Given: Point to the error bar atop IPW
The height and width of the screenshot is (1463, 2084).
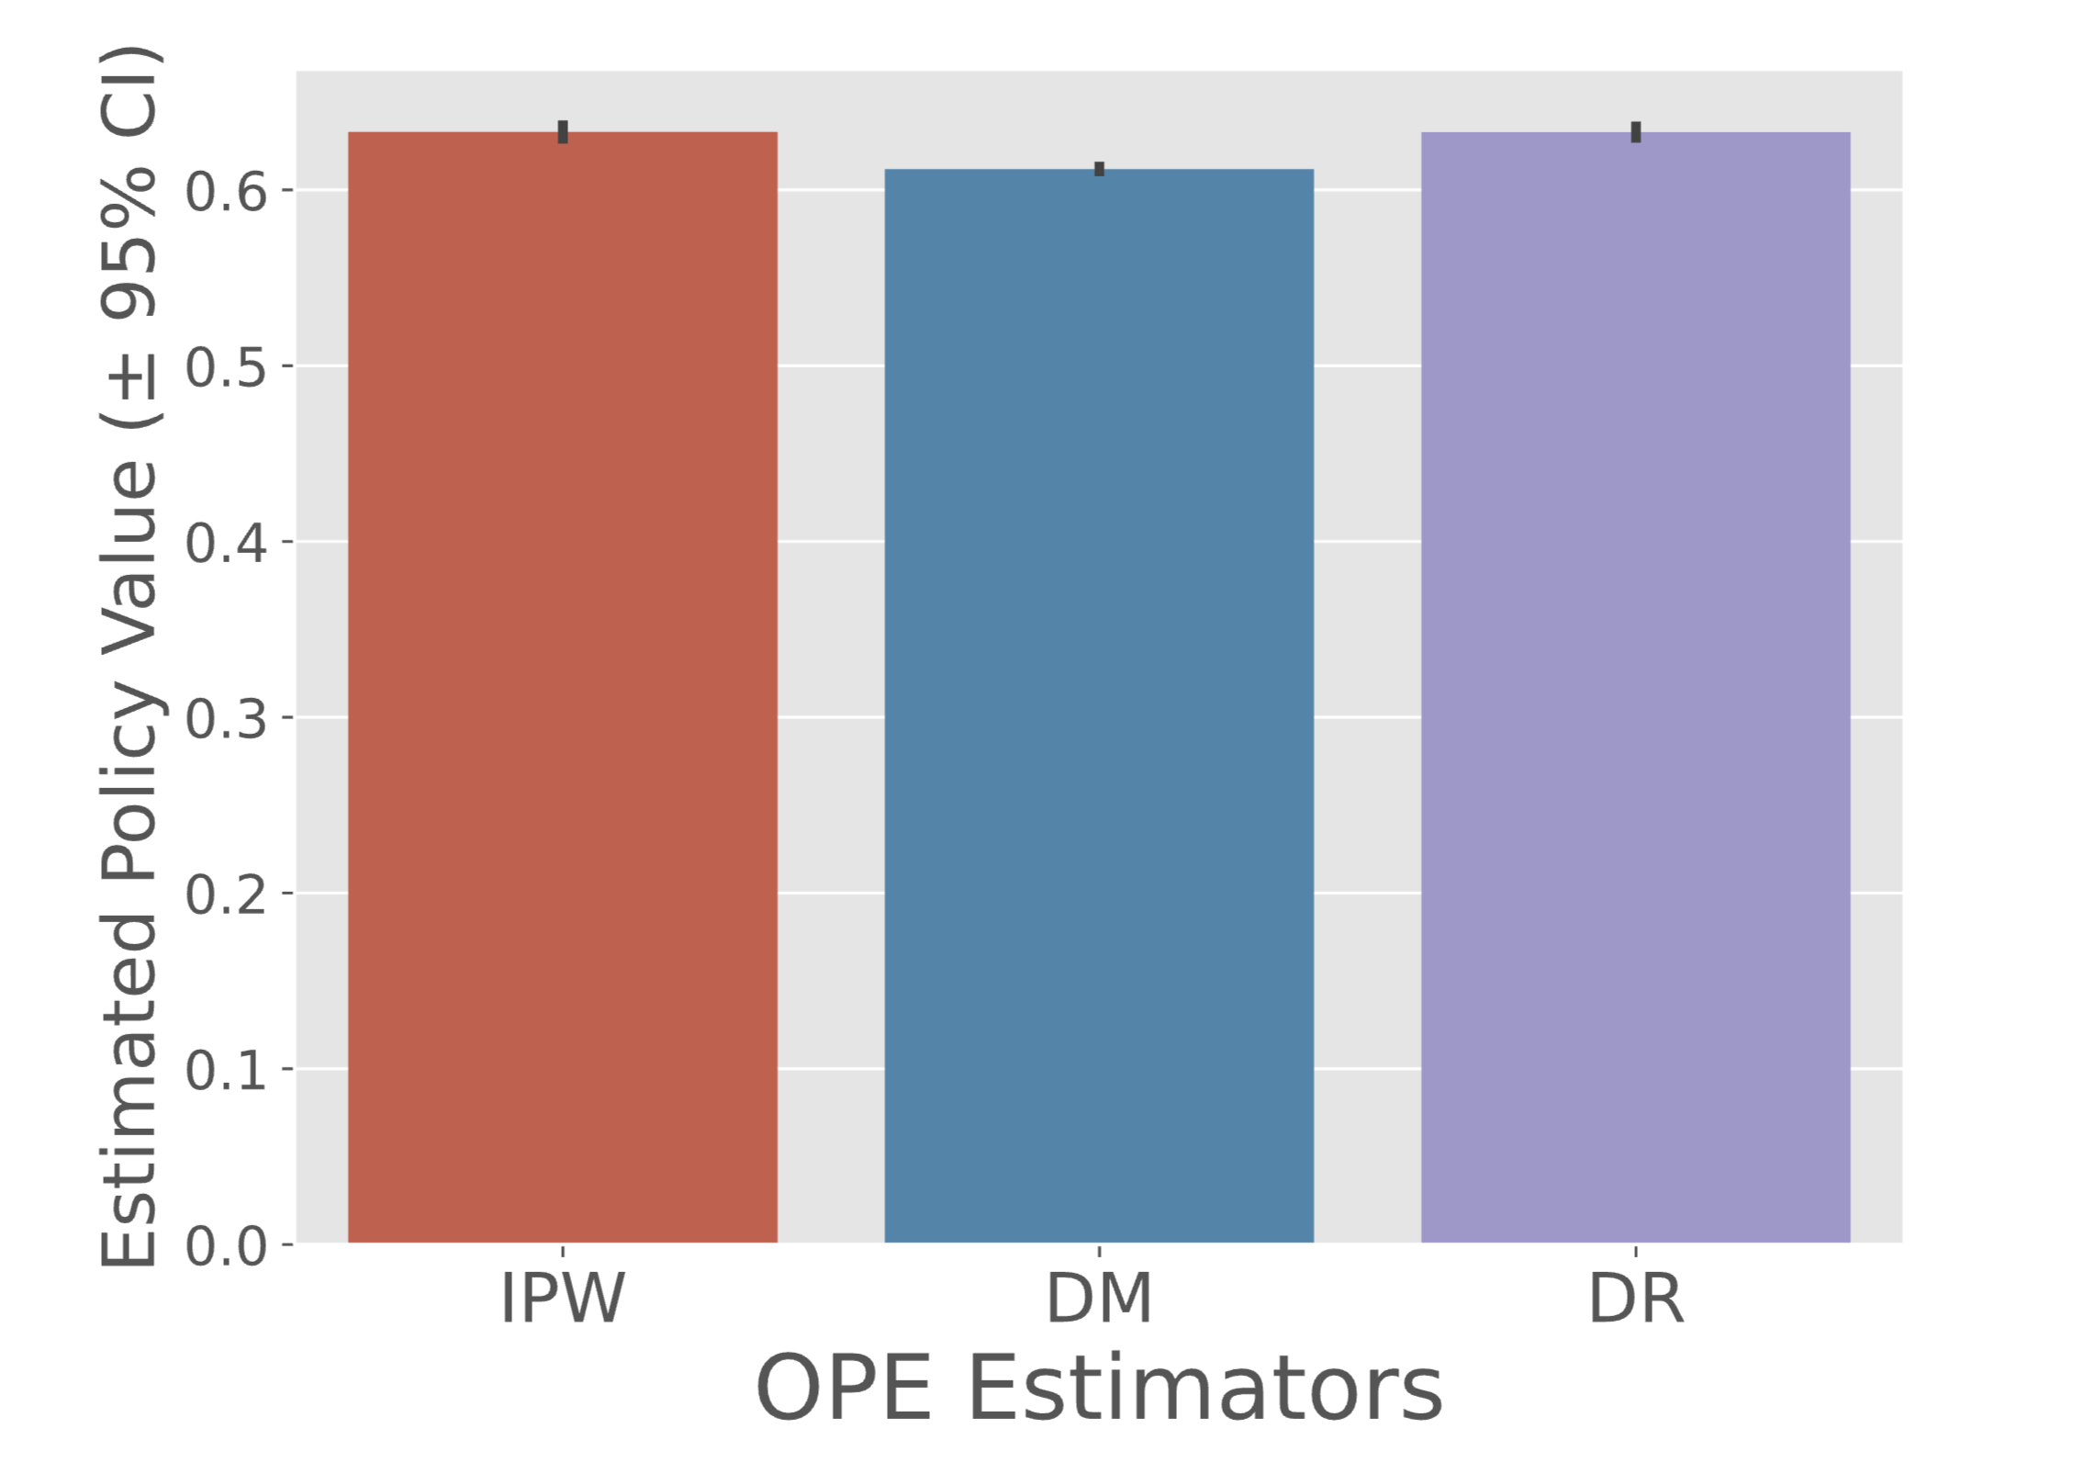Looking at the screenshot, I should click(x=563, y=132).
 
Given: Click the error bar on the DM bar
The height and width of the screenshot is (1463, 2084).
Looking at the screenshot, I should click(x=1099, y=169).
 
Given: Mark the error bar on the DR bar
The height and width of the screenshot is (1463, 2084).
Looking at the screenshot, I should click(x=1636, y=132).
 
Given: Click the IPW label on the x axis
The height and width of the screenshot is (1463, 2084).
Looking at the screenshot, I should click(x=562, y=1299).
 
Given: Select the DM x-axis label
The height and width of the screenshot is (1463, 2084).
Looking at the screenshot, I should click(x=1099, y=1299).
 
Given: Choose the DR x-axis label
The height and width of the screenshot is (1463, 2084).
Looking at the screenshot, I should click(x=1636, y=1299).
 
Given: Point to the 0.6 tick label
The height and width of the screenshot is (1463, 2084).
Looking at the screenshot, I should click(x=226, y=192).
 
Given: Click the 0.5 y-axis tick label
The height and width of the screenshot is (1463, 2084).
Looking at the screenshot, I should click(x=226, y=367).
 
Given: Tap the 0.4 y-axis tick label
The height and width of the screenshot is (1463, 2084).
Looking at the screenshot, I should click(x=226, y=543).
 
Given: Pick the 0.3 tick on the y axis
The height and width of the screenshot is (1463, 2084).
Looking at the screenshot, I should click(x=226, y=718).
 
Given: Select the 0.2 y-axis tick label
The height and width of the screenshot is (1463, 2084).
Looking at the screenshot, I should click(x=226, y=894).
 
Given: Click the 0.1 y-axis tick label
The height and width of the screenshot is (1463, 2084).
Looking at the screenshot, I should click(x=226, y=1070).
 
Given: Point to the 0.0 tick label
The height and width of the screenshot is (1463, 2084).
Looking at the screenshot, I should click(x=226, y=1246).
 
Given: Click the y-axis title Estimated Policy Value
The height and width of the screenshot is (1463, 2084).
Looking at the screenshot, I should click(x=130, y=657).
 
